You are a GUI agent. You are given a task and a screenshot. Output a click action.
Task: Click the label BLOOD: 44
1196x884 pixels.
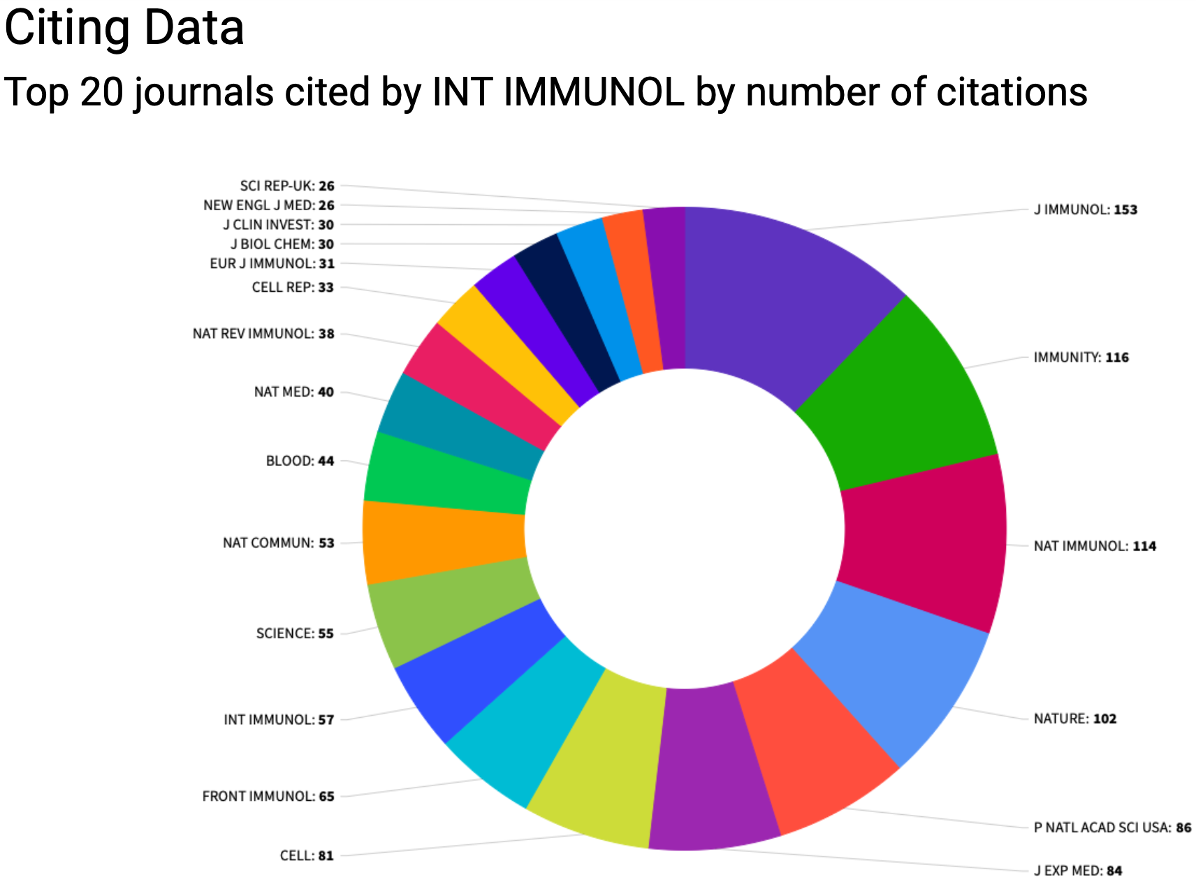300,461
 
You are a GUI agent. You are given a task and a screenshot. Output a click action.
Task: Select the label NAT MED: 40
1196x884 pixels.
293,392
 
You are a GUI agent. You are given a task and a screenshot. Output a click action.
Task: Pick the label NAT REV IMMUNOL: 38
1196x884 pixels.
263,334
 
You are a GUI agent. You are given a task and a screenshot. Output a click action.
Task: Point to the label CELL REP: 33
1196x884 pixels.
293,287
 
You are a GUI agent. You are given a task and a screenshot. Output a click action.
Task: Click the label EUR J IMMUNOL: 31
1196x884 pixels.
272,263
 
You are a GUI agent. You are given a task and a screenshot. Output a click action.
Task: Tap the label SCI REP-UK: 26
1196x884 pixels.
287,186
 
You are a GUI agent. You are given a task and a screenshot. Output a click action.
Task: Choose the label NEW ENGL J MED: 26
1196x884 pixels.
268,205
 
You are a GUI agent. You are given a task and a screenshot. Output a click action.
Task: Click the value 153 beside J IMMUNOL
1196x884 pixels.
1125,209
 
